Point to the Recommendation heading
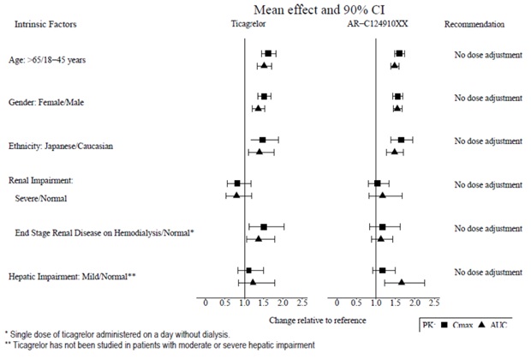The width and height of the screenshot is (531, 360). [474, 25]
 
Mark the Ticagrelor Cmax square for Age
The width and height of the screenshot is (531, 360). [268, 54]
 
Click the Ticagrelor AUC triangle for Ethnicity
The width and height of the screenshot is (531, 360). [260, 152]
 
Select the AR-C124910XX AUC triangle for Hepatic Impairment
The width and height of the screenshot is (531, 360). [402, 281]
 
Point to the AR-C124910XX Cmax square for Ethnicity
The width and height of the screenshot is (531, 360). [401, 139]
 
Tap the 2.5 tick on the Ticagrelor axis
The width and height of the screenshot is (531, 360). [301, 303]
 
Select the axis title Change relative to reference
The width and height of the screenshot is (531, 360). [317, 320]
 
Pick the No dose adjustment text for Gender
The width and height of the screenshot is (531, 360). [487, 99]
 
